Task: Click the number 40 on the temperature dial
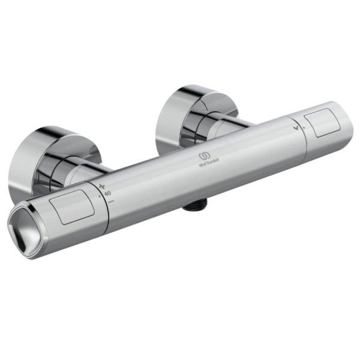107,194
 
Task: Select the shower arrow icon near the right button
295,126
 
